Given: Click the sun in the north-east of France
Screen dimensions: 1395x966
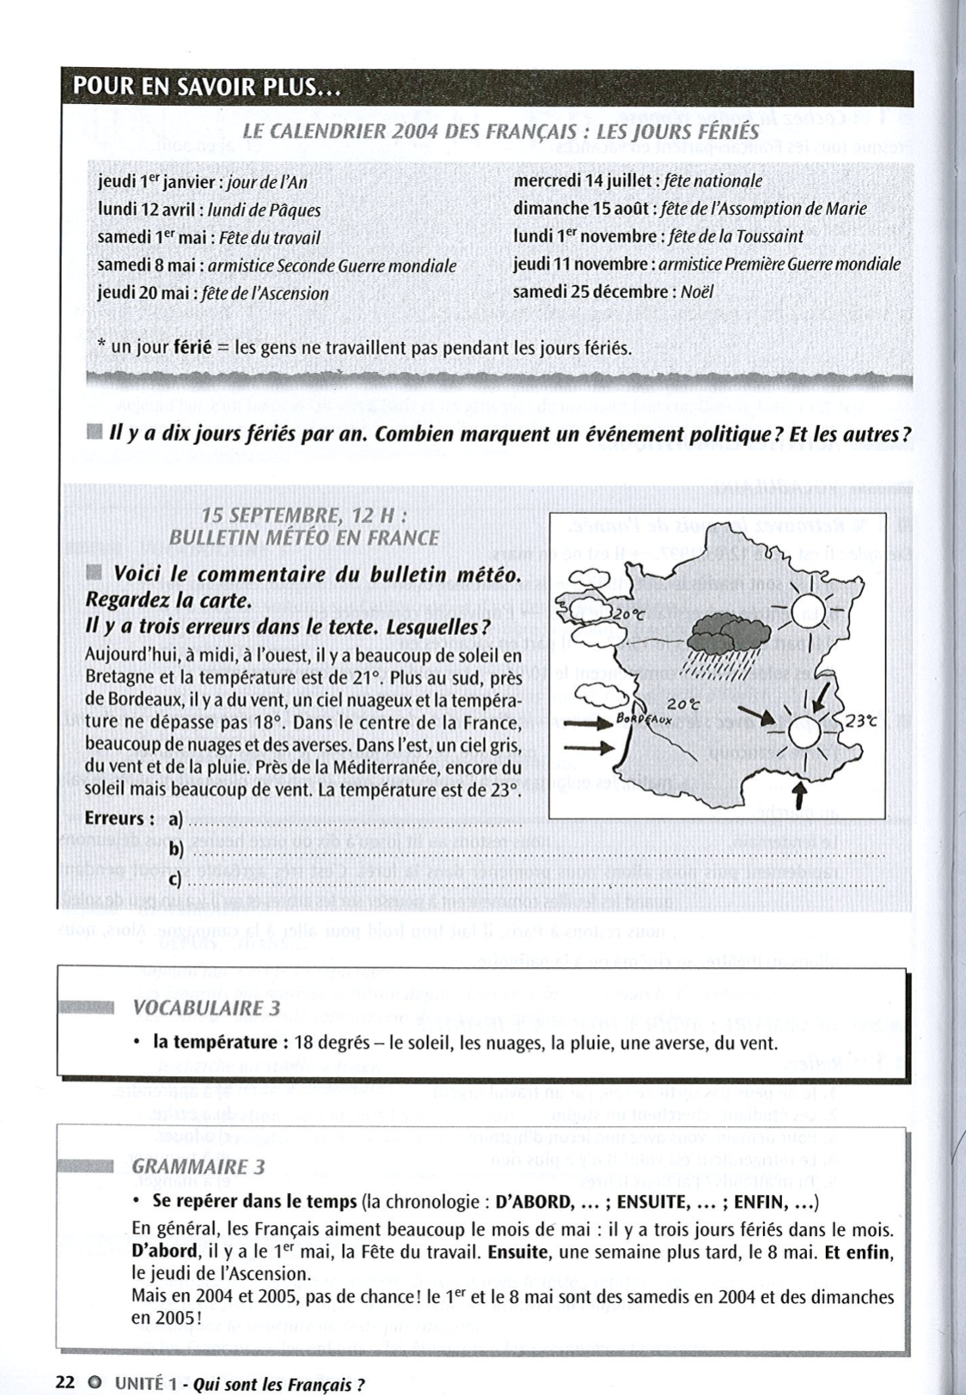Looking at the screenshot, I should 808,612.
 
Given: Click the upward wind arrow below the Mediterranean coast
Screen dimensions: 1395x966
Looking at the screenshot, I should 799,794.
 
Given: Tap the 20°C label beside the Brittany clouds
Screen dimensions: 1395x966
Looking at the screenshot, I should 634,615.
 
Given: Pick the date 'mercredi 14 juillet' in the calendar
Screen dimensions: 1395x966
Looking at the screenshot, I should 584,181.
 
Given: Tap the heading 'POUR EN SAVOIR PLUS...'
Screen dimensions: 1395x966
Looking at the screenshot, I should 207,86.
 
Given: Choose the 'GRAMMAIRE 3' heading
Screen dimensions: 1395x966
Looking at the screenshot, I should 199,1167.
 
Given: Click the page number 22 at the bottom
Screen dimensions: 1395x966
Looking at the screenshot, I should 64,1383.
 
